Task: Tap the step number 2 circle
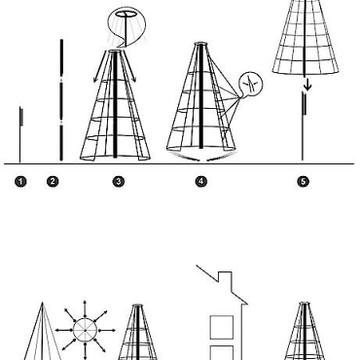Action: [x=53, y=182]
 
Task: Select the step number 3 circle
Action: [x=119, y=182]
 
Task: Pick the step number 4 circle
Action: [x=201, y=182]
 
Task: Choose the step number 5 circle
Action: [x=303, y=182]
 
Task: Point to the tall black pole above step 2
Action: [x=60, y=97]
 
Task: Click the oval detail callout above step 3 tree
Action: [x=126, y=17]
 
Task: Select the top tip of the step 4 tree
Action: [x=201, y=43]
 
